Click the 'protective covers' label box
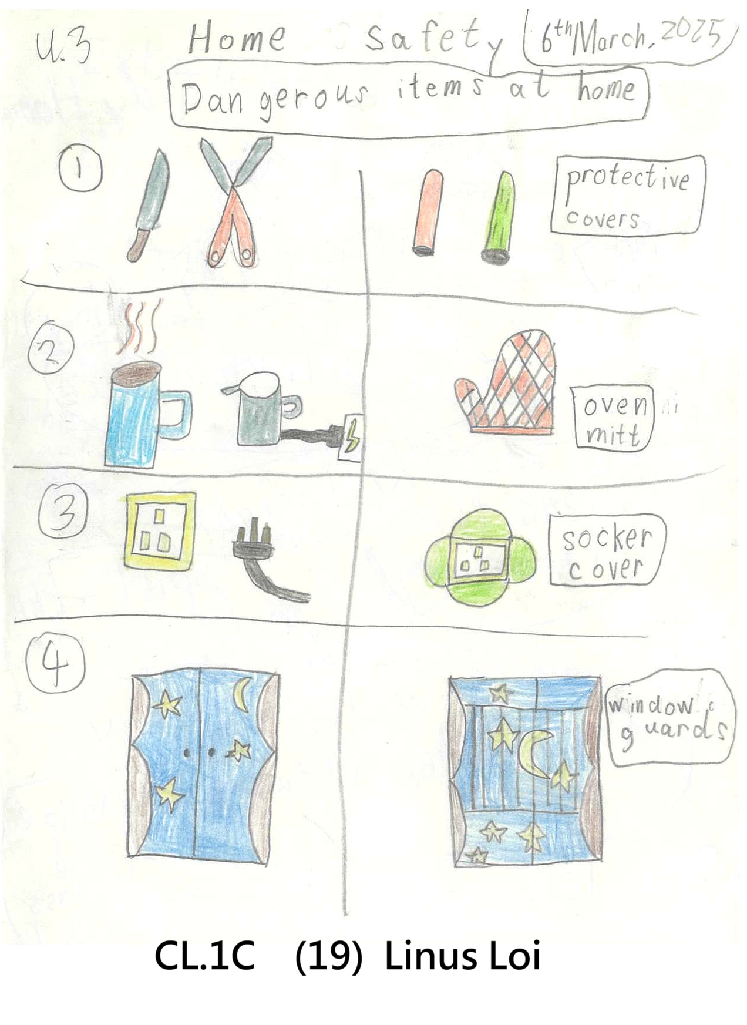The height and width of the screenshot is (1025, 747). coord(628,195)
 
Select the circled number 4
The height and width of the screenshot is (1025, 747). coord(55,665)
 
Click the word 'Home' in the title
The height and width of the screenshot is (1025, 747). coord(236,39)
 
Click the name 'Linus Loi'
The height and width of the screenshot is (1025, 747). coord(462,956)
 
